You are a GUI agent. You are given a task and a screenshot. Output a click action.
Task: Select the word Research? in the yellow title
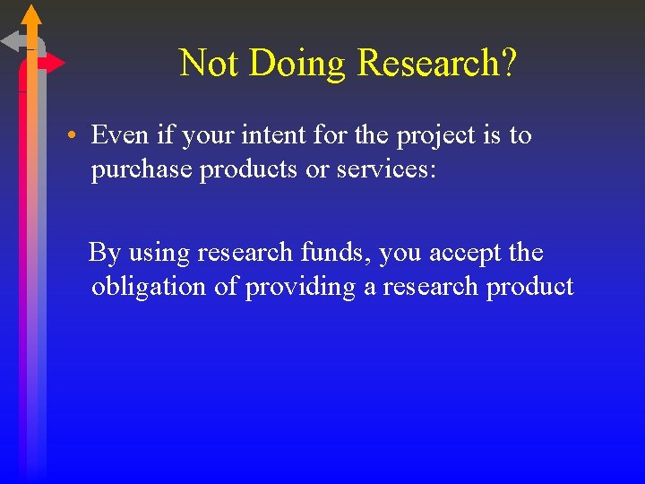point(436,64)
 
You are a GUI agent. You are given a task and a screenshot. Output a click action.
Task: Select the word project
point(434,136)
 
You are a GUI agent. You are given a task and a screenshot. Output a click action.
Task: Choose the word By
point(105,253)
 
